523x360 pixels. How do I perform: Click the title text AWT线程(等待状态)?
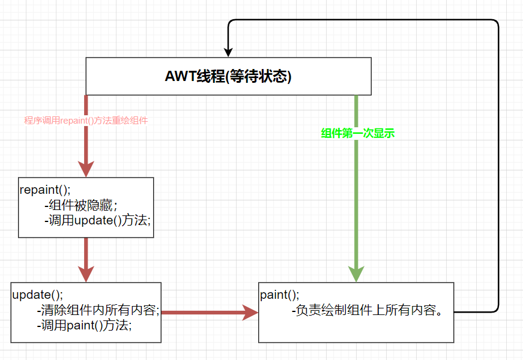228,77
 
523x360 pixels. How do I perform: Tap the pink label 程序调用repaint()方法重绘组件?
86,121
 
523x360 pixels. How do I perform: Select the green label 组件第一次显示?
358,134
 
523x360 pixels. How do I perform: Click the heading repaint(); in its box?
45,190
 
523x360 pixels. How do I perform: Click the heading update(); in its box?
37,295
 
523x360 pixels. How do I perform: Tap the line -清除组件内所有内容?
97,310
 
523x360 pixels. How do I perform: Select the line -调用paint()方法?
83,325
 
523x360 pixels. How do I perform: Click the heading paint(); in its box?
279,295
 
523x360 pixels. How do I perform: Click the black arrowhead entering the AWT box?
228,52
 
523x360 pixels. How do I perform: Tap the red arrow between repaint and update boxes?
86,255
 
